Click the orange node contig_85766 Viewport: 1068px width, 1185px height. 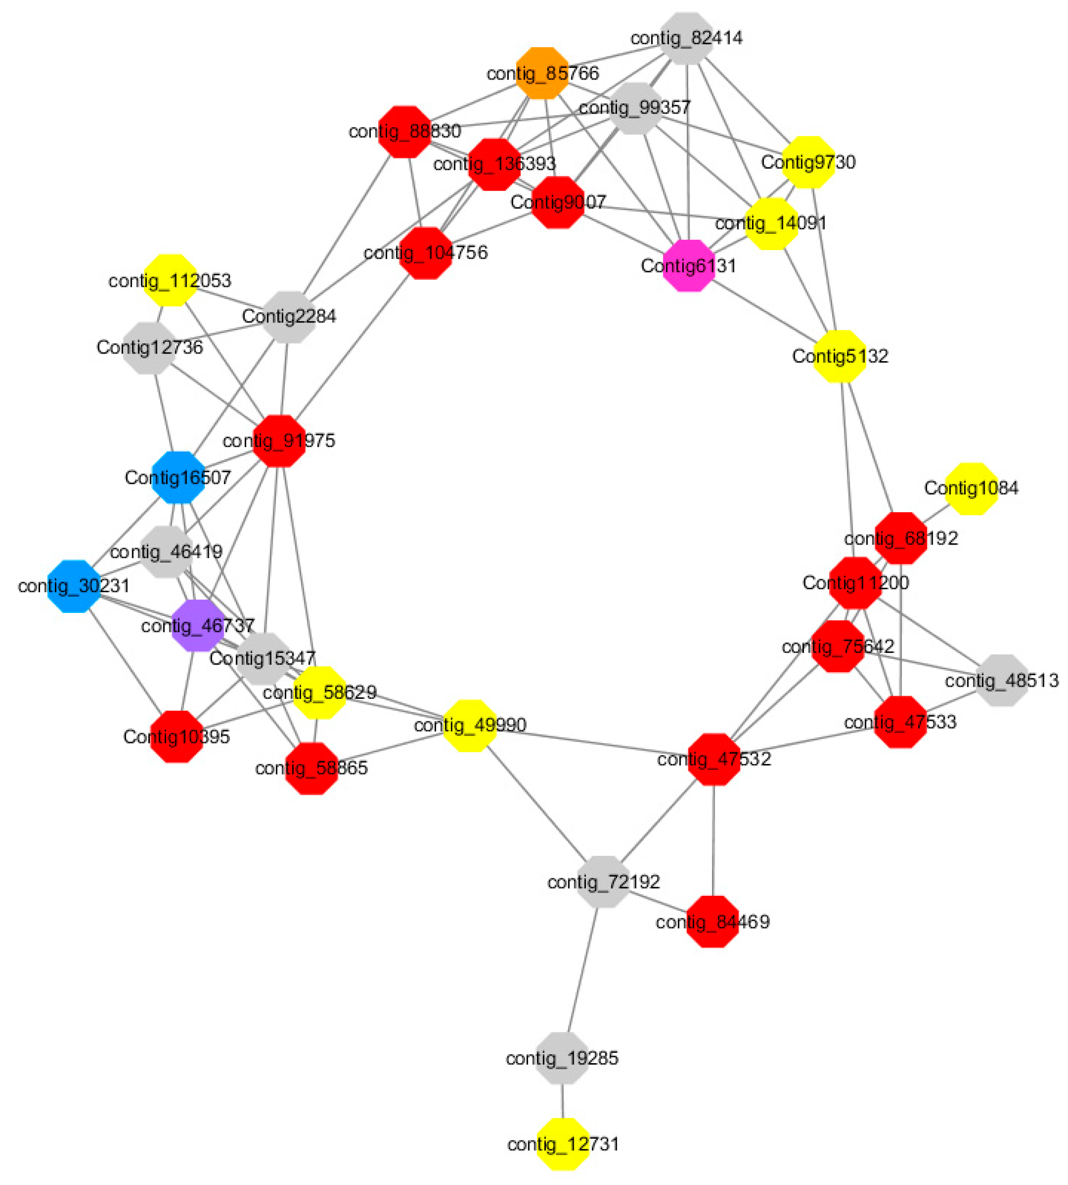(542, 73)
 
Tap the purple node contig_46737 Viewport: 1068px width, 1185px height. (198, 625)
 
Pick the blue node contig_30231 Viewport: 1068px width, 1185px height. (74, 586)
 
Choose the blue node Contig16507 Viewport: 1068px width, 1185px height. (178, 477)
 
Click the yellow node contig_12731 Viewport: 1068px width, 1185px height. (563, 1143)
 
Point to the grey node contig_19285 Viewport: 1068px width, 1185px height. (562, 1058)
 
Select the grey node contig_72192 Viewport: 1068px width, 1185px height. (603, 882)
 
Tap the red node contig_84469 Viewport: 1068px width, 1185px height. (712, 921)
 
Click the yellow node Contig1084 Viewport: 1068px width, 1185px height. (972, 488)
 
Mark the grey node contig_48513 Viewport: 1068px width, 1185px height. (1002, 680)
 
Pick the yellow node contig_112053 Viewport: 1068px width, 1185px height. (170, 280)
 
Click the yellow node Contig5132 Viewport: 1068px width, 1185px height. (840, 356)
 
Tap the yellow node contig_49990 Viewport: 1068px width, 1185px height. (469, 725)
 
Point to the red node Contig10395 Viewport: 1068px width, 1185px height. (176, 737)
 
